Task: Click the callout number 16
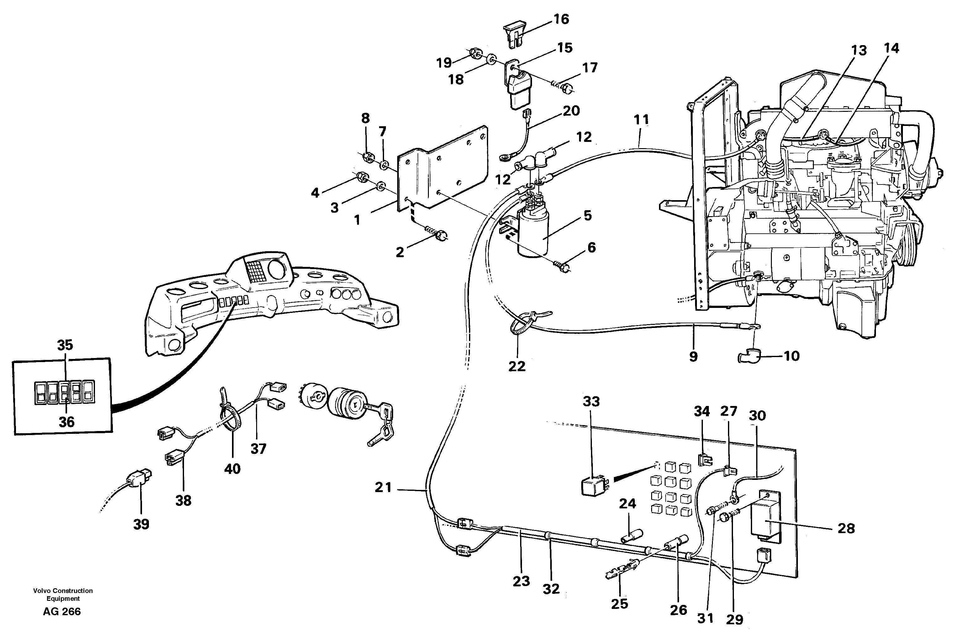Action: pos(561,19)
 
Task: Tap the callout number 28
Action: pos(846,528)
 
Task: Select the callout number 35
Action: pos(65,345)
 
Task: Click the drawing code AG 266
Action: pos(62,611)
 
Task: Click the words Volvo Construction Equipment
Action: pos(63,594)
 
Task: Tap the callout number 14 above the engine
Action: pos(891,49)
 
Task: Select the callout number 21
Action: pos(383,487)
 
